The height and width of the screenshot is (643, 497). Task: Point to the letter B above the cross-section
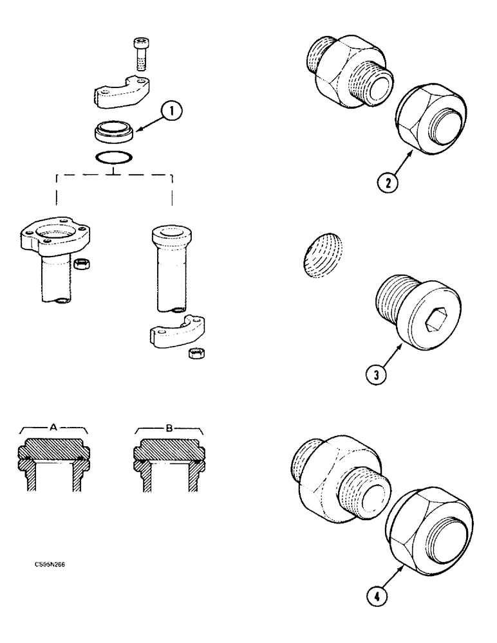point(168,426)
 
